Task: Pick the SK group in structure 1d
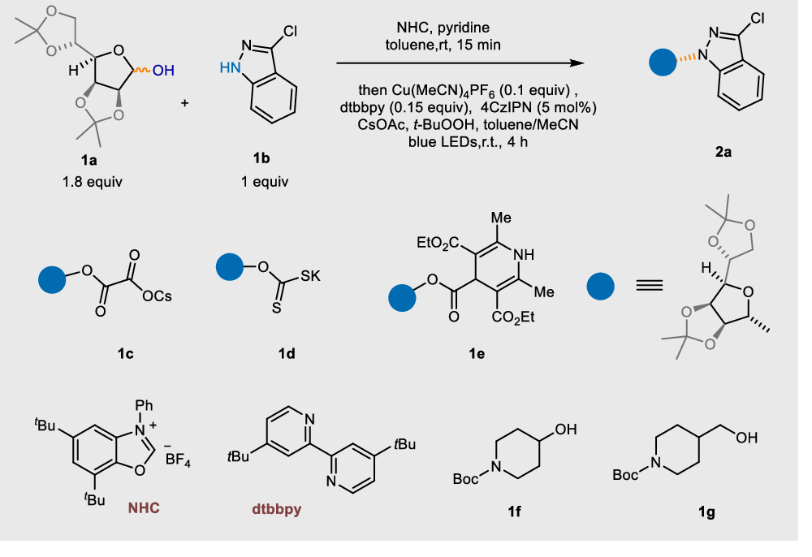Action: pos(309,276)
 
